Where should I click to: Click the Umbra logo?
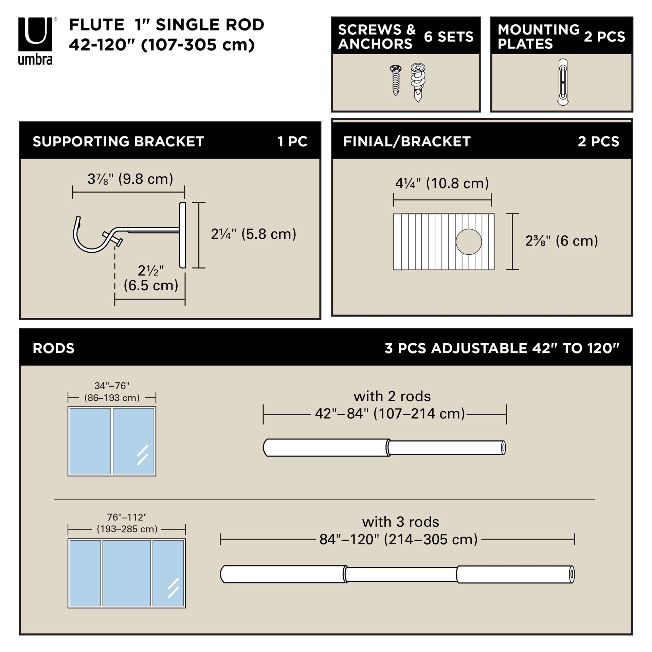[x=36, y=41]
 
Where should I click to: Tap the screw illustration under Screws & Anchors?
[x=395, y=80]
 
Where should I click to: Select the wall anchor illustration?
[x=418, y=82]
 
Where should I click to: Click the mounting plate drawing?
[x=563, y=82]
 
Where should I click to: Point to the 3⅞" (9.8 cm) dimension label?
[x=130, y=179]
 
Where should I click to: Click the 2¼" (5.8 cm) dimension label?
[x=253, y=234]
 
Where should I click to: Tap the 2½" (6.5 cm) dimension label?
[x=151, y=278]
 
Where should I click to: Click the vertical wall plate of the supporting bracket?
[x=182, y=235]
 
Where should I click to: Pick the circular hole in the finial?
[x=469, y=242]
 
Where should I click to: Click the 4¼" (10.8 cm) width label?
[x=442, y=183]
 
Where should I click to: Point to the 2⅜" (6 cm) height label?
[x=561, y=241]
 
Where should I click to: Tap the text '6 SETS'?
[x=448, y=37]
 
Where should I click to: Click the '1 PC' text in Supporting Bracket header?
[x=292, y=141]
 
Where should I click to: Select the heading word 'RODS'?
[x=53, y=348]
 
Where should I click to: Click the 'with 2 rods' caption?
[x=392, y=396]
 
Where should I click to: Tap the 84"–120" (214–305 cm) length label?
[x=398, y=539]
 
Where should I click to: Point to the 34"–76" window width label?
[x=112, y=392]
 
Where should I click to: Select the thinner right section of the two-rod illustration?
[x=447, y=448]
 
